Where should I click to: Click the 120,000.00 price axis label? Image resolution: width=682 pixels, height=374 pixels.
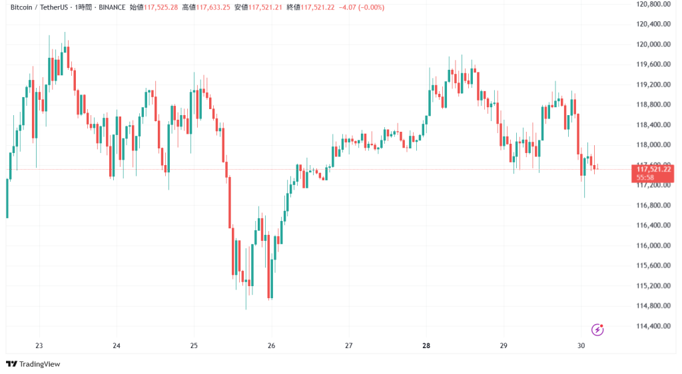pos(653,45)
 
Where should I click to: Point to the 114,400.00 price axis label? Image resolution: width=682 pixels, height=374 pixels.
pos(653,326)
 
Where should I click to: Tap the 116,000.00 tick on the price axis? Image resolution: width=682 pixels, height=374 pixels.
pos(653,246)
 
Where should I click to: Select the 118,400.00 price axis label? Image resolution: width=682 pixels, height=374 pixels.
pos(653,125)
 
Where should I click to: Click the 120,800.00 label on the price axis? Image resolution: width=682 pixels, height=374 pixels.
pos(653,5)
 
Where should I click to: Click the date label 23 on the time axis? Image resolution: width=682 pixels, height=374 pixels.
pos(39,346)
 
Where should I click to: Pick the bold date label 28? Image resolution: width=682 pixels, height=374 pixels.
pos(426,346)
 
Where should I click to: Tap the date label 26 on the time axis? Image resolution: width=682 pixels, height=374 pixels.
pos(271,346)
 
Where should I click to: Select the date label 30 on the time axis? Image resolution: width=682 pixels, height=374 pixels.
pos(581,346)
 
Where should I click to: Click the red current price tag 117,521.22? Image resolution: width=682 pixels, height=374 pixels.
pos(654,170)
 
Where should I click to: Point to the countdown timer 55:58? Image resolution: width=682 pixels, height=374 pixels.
pos(645,178)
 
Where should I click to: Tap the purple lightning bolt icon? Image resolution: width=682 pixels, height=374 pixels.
pos(597,329)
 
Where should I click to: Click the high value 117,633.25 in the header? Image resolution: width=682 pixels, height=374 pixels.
pos(211,7)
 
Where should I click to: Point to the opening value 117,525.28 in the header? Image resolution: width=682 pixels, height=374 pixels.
pos(163,7)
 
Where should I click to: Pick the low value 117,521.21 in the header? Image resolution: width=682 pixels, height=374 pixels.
pos(263,7)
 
